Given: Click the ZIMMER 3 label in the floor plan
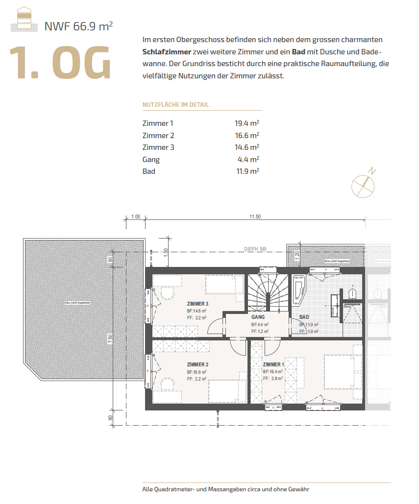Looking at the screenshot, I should pyautogui.click(x=197, y=304).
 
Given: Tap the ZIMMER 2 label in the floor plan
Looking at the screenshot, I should pyautogui.click(x=197, y=364).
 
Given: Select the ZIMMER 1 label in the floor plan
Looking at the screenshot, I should pyautogui.click(x=273, y=364).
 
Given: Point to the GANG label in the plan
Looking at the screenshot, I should pyautogui.click(x=258, y=317).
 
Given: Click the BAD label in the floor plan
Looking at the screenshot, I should pyautogui.click(x=304, y=317).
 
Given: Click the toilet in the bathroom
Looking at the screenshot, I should pyautogui.click(x=352, y=293).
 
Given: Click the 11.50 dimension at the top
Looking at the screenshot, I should pyautogui.click(x=255, y=216).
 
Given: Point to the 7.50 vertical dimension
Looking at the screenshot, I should pyautogui.click(x=111, y=338).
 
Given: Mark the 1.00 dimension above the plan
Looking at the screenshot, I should pyautogui.click(x=136, y=216).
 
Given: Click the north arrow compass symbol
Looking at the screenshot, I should pyautogui.click(x=364, y=184).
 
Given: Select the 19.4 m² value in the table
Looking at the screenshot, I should pyautogui.click(x=247, y=123).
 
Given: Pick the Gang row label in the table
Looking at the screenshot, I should pyautogui.click(x=151, y=159).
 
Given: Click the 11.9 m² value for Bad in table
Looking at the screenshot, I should pyautogui.click(x=247, y=171).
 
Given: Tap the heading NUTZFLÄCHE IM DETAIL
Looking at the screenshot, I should pyautogui.click(x=175, y=105).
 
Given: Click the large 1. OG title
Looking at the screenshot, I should pyautogui.click(x=60, y=62).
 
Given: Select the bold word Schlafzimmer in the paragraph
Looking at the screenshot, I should pyautogui.click(x=167, y=51).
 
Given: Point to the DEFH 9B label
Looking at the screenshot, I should pyautogui.click(x=255, y=249).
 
